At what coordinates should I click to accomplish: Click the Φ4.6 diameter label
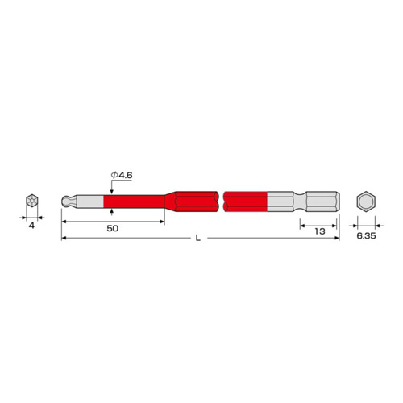pos(122,175)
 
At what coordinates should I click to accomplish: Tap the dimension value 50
pos(113,228)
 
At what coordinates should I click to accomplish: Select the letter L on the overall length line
pos(198,238)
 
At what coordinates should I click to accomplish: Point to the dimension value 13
pos(320,231)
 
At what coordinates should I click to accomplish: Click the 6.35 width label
pos(366,236)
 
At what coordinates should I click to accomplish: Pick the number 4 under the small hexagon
pos(31,226)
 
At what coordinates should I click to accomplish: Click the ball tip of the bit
pos(65,201)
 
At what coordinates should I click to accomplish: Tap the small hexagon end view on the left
pos(32,201)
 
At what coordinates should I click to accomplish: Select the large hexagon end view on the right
pos(366,201)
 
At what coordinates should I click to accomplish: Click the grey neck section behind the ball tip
pos(89,201)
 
